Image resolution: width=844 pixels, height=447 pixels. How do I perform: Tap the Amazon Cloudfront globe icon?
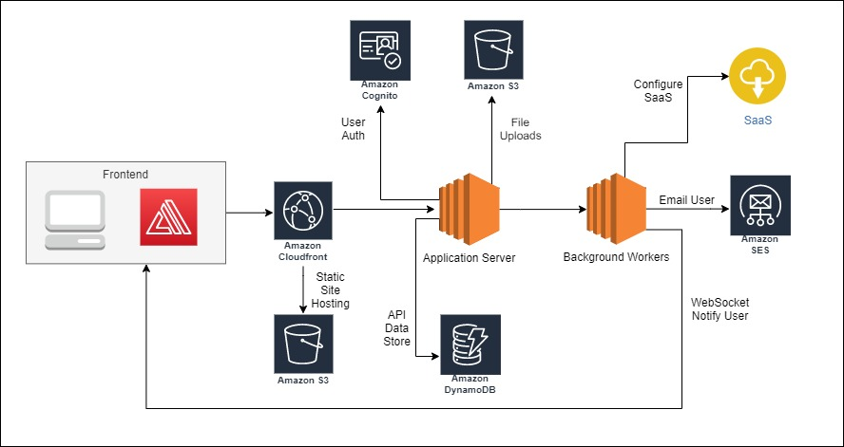(x=302, y=210)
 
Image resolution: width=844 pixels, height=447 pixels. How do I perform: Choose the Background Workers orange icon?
(x=616, y=211)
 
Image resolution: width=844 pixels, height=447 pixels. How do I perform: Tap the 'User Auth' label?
(x=353, y=129)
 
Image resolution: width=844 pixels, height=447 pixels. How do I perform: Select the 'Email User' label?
(x=687, y=200)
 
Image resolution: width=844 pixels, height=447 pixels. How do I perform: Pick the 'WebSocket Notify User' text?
(x=719, y=308)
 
